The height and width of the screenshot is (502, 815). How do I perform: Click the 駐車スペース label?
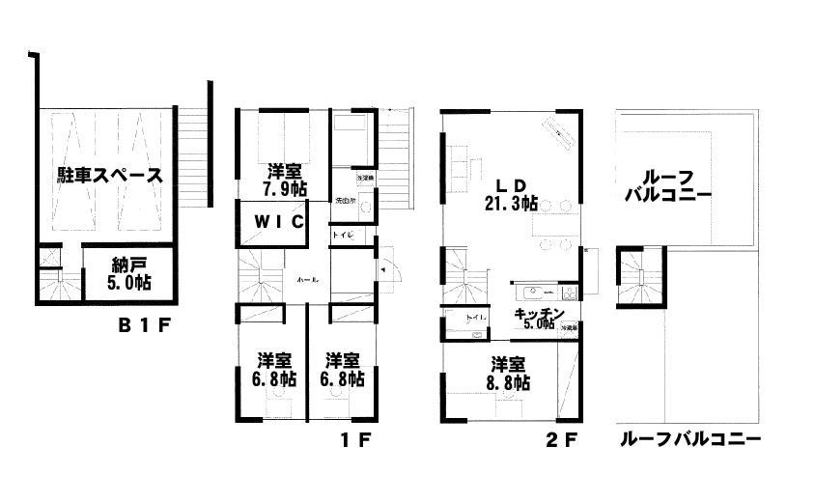click(108, 176)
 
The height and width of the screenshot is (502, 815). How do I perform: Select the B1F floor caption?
click(144, 325)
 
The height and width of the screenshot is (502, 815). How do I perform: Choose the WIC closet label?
click(279, 221)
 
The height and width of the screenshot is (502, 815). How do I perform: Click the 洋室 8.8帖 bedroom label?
click(508, 375)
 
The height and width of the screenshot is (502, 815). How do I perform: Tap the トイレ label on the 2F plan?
click(475, 317)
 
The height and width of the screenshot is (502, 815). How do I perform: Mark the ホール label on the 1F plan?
click(308, 278)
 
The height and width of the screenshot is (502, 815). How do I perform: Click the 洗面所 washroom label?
click(345, 202)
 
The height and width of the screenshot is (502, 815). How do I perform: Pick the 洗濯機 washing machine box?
click(365, 180)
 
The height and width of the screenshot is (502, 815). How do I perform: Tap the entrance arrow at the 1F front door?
click(384, 272)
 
